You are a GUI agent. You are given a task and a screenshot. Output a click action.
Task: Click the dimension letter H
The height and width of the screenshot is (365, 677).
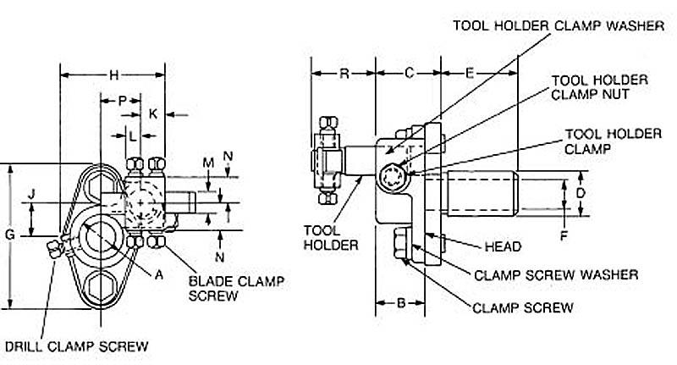click(114, 75)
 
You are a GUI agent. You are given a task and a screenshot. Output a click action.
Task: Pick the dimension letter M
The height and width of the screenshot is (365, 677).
click(208, 162)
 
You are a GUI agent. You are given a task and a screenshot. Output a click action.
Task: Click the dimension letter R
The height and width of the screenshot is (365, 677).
click(344, 74)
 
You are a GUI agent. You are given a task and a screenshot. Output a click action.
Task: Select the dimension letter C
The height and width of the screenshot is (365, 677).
click(408, 74)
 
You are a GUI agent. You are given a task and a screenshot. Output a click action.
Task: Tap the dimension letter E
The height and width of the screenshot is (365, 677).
click(469, 74)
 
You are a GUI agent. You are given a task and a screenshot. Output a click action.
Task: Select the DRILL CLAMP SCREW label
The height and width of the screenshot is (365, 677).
click(77, 346)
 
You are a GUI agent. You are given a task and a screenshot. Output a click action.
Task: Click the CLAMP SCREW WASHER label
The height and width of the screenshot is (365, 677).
click(556, 274)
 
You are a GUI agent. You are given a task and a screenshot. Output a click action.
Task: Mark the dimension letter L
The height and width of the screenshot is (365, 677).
click(133, 135)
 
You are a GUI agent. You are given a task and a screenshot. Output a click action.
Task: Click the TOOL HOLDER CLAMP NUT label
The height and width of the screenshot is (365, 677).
click(600, 86)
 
